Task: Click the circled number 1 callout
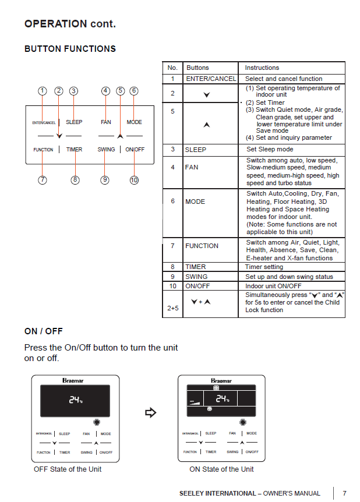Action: [x=42, y=91]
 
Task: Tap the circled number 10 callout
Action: [x=134, y=180]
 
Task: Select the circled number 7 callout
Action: [x=43, y=180]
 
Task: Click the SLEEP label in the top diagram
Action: [x=74, y=122]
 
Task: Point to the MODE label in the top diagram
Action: [x=134, y=122]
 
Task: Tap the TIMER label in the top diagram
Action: [x=74, y=150]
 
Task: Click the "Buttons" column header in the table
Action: [x=197, y=68]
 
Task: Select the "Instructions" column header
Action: [x=262, y=68]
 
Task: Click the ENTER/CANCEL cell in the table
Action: [x=211, y=79]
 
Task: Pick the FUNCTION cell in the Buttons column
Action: [x=202, y=246]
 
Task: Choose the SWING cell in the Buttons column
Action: [x=196, y=277]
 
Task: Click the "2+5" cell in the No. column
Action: [x=172, y=308]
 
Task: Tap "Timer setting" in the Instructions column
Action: [x=264, y=267]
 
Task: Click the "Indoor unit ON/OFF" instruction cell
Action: [x=273, y=286]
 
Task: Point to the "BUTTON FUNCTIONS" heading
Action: [x=70, y=49]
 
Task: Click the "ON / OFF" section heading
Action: [x=43, y=331]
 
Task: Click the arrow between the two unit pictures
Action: [x=150, y=413]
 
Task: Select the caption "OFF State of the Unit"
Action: [x=68, y=469]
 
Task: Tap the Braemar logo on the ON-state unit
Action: [x=221, y=381]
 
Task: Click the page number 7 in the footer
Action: [x=344, y=493]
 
